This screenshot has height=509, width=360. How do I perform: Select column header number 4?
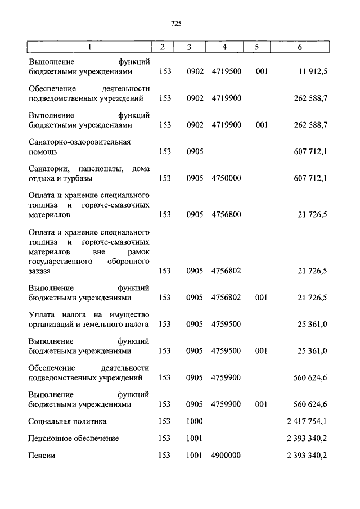(224, 47)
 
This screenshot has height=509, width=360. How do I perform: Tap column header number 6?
(300, 47)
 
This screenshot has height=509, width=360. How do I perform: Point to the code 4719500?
(226, 71)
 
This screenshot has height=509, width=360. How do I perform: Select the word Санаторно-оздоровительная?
(79, 142)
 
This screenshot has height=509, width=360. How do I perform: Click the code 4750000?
(226, 178)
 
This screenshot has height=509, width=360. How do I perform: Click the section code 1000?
(194, 421)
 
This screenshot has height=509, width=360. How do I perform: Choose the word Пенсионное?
(52, 438)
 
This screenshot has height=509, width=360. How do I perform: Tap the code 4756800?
(226, 214)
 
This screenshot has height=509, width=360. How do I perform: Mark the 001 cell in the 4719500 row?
(261, 71)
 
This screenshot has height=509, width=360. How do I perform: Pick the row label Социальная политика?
(67, 421)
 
